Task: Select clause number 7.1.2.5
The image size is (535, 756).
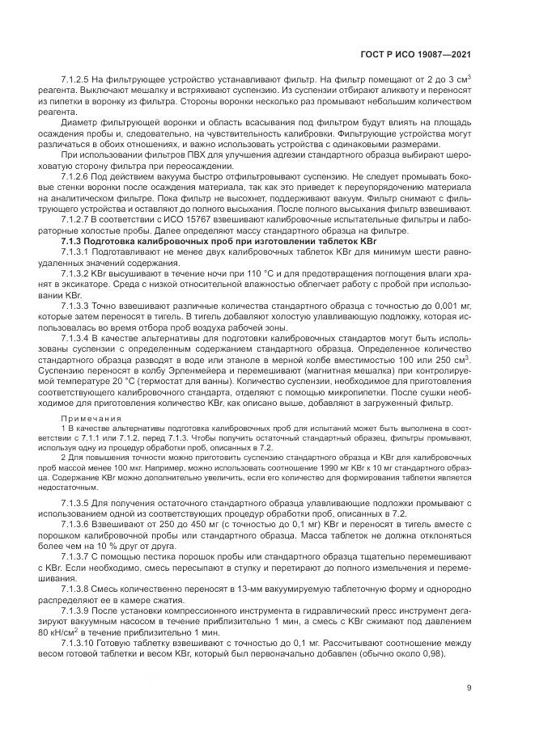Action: [x=78, y=78]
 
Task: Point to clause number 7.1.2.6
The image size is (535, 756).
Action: [x=78, y=175]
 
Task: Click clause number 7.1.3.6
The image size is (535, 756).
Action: [x=78, y=522]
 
